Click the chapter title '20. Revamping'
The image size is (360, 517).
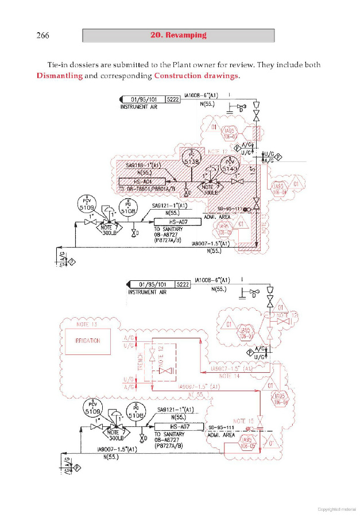click(178, 36)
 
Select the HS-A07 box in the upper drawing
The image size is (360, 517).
click(177, 221)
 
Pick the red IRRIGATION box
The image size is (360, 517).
click(87, 341)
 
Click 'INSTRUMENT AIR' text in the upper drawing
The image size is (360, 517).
click(138, 107)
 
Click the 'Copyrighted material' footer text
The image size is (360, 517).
click(337, 508)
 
